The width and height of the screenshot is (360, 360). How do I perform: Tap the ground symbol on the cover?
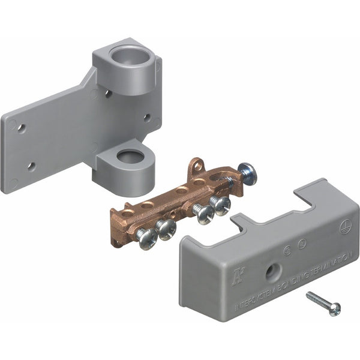click(344, 227)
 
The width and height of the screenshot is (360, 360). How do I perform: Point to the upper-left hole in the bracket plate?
click(22, 128)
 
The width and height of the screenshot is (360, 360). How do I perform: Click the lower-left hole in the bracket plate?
click(31, 166)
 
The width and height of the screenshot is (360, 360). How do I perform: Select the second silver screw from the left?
click(165, 229)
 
